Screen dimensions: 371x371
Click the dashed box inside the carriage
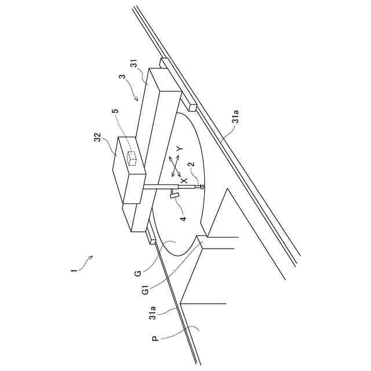pyautogui.click(x=132, y=158)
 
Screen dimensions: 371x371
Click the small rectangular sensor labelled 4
pyautogui.click(x=173, y=197)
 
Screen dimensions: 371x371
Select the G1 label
pyautogui.click(x=146, y=288)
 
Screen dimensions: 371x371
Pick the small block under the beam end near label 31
pyautogui.click(x=192, y=106)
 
